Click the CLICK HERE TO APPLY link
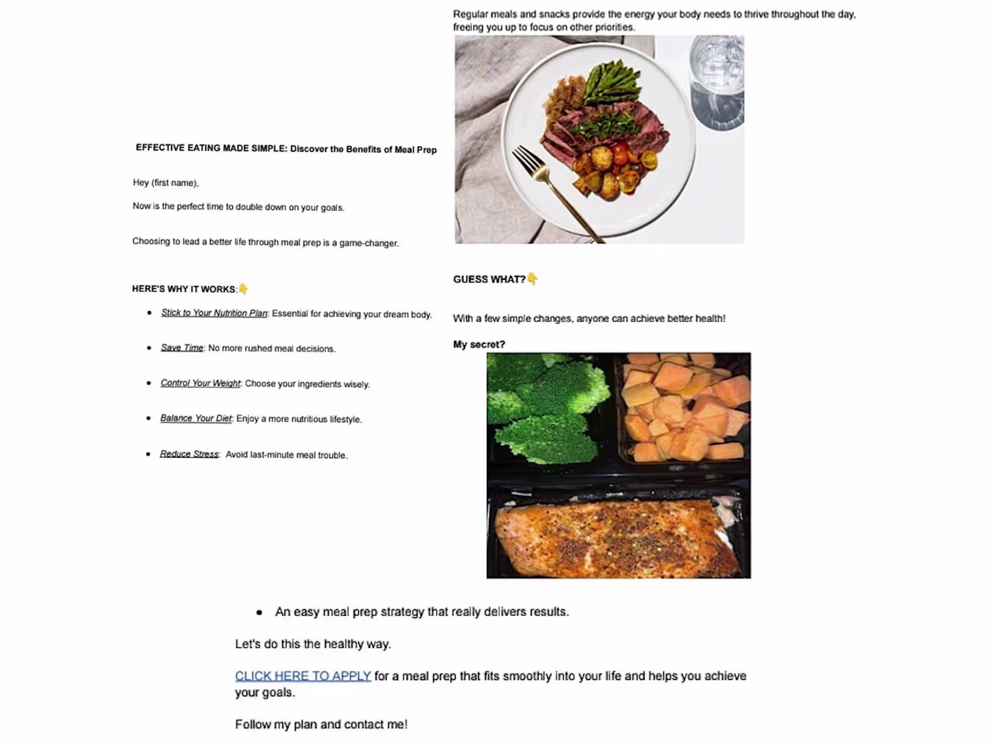tap(302, 676)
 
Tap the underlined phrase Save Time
tap(182, 347)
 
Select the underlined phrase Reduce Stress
tap(189, 454)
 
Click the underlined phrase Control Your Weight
tap(200, 383)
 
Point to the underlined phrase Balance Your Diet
tap(196, 418)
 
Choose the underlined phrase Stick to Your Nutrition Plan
tap(214, 313)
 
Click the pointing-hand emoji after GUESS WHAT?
tap(533, 279)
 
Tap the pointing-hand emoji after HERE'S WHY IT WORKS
tap(243, 288)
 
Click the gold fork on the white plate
tap(555, 192)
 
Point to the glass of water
tap(716, 83)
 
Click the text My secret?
tap(479, 344)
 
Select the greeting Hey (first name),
tap(165, 182)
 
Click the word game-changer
tap(369, 243)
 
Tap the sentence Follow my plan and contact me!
tap(321, 724)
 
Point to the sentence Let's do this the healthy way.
tap(313, 644)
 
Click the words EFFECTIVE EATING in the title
tap(178, 148)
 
